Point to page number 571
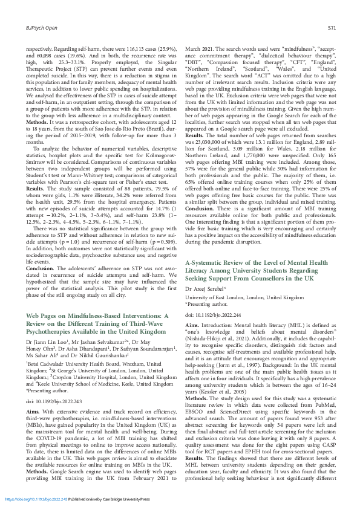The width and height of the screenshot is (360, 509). pos(332,28)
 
